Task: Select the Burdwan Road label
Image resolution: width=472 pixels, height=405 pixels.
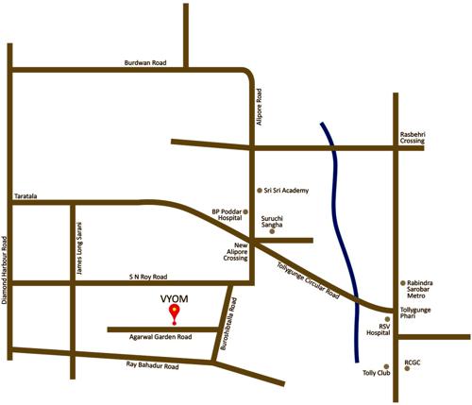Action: pyautogui.click(x=145, y=62)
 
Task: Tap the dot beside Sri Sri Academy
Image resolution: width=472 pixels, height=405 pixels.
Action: pyautogui.click(x=259, y=189)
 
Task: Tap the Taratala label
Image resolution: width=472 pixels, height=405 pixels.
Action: pyautogui.click(x=25, y=196)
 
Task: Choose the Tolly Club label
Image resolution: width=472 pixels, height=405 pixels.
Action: pyautogui.click(x=377, y=373)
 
